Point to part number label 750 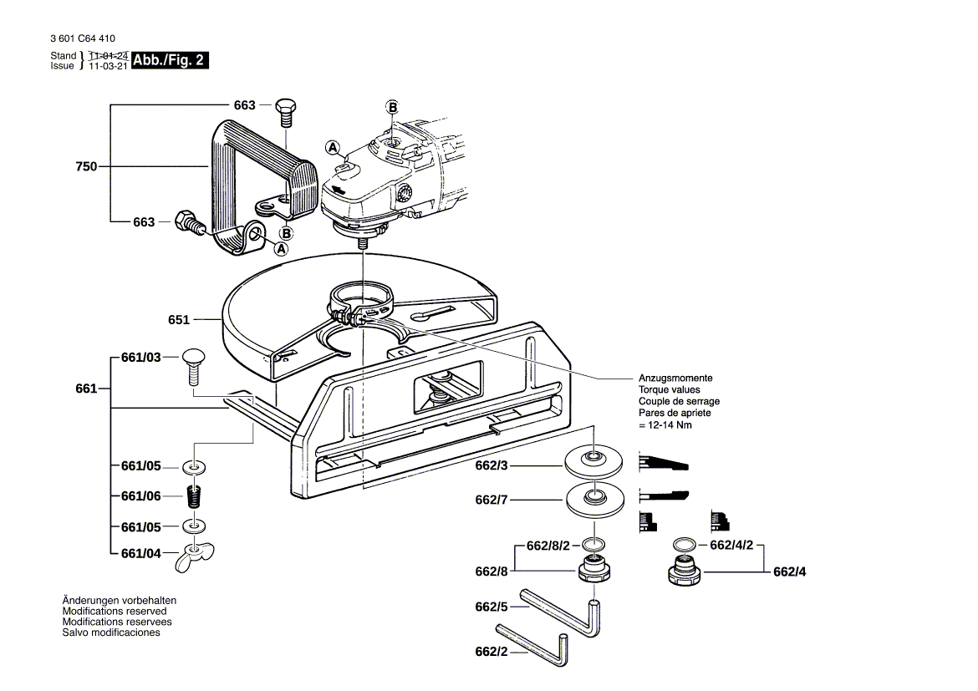coord(86,166)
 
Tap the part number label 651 coord(179,319)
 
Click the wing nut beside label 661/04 coord(195,558)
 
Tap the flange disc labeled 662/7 coord(596,500)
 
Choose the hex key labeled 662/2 coord(543,651)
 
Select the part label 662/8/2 coord(548,546)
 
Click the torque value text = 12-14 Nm coord(665,425)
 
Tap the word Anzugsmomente coord(675,379)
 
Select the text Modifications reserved coord(115,611)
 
